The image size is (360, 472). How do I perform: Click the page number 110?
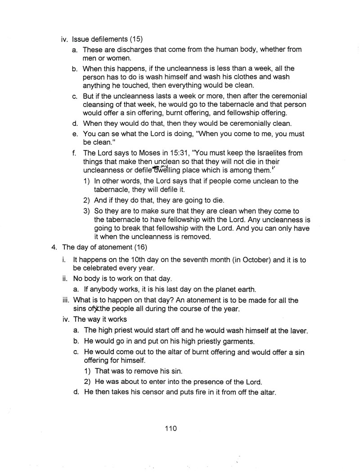tap(171, 428)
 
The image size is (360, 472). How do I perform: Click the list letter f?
tap(73, 153)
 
